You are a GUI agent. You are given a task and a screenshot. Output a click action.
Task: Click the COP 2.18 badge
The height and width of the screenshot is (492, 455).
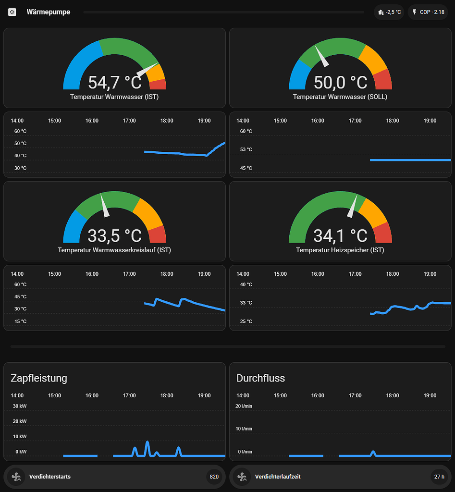[428, 12]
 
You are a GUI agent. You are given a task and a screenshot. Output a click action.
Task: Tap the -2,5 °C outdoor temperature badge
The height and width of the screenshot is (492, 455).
[389, 12]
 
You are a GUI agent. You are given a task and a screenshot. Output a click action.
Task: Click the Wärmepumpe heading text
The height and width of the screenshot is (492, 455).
[49, 12]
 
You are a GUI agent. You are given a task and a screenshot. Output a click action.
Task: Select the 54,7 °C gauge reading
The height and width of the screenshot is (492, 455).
[115, 83]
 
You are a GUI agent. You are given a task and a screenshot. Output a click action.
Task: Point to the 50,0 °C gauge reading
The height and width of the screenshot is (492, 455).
[341, 83]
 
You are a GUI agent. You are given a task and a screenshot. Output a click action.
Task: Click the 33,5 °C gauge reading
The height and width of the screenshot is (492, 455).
[115, 236]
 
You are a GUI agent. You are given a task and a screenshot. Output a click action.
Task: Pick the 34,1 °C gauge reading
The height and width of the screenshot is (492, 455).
[341, 236]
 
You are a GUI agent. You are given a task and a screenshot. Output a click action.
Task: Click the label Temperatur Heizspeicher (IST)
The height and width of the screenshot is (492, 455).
[340, 250]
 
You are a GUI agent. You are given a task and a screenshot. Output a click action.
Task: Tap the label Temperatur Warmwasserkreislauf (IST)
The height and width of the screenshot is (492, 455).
[114, 250]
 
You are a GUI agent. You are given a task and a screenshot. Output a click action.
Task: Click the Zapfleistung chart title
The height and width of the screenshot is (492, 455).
[39, 378]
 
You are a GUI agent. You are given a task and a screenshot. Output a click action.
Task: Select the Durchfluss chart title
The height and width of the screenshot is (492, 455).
[261, 378]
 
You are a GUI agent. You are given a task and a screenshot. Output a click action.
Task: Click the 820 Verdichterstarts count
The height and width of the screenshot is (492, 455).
[214, 477]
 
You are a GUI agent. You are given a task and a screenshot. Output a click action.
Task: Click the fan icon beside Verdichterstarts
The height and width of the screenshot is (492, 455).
[16, 477]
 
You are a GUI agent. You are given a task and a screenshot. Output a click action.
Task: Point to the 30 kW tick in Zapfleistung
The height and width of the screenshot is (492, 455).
[20, 406]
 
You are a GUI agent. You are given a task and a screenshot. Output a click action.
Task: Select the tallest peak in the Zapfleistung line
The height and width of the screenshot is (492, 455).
[147, 442]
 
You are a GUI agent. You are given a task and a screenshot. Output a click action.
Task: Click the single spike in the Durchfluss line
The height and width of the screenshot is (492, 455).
[373, 452]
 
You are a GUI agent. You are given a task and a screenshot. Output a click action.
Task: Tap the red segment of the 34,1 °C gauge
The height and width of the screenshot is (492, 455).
[382, 233]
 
